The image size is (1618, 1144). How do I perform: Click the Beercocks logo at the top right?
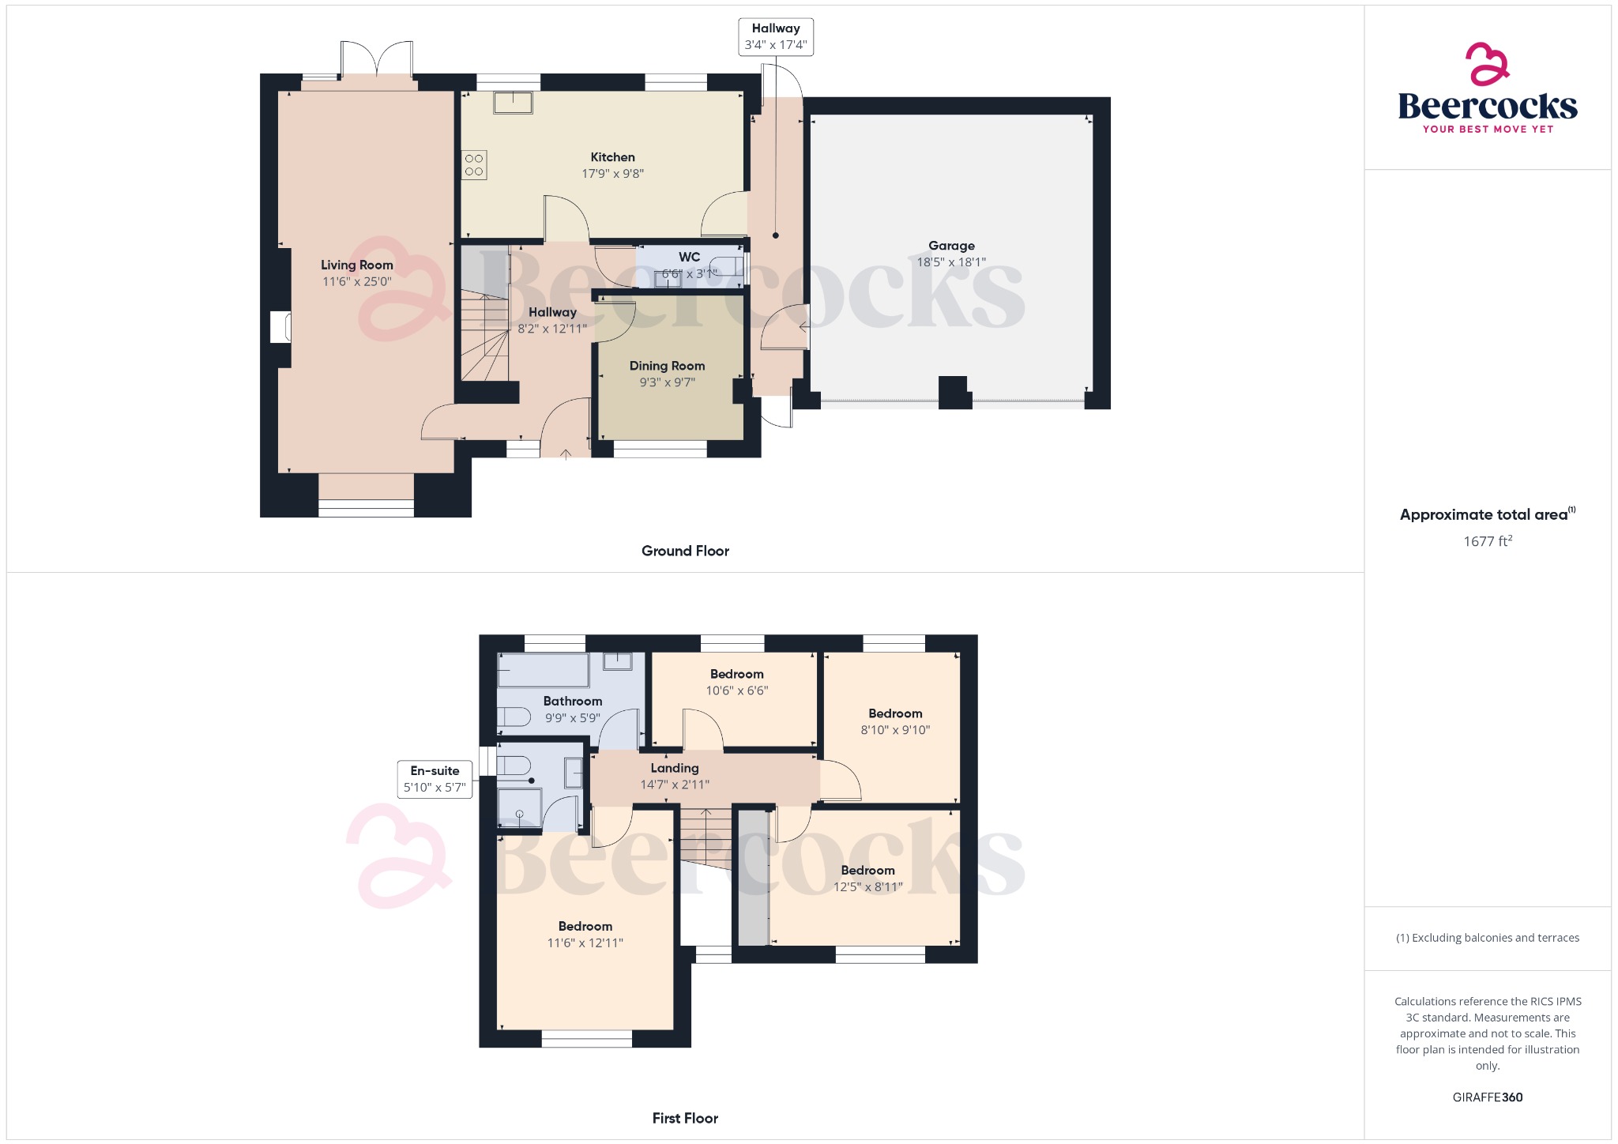pyautogui.click(x=1488, y=88)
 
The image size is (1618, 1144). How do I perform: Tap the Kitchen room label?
pyautogui.click(x=612, y=157)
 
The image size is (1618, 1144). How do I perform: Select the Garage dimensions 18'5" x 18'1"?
pyautogui.click(x=951, y=262)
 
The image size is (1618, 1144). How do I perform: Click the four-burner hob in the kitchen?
pyautogui.click(x=474, y=165)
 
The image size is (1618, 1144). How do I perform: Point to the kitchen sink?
pyautogui.click(x=513, y=103)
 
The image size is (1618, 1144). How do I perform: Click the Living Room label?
pyautogui.click(x=356, y=265)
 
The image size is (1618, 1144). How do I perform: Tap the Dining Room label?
pyautogui.click(x=667, y=366)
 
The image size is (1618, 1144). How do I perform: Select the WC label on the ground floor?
pyautogui.click(x=689, y=257)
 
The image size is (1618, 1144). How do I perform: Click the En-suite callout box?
pyautogui.click(x=435, y=779)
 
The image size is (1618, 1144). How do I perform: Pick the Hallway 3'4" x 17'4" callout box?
pyautogui.click(x=776, y=36)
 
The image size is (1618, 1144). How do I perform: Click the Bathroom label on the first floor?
pyautogui.click(x=572, y=701)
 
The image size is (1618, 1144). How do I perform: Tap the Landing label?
pyautogui.click(x=674, y=768)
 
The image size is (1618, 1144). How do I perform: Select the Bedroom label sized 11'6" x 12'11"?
pyautogui.click(x=585, y=926)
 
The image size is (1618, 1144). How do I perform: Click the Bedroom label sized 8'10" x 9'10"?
pyautogui.click(x=895, y=713)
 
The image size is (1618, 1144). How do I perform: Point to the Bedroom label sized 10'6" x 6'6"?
pyautogui.click(x=736, y=674)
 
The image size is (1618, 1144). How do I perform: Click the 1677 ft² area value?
pyautogui.click(x=1487, y=541)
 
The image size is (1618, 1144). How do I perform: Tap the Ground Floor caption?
pyautogui.click(x=685, y=551)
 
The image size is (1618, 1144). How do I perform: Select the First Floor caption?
pyautogui.click(x=685, y=1118)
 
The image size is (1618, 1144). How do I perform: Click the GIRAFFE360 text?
pyautogui.click(x=1487, y=1097)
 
